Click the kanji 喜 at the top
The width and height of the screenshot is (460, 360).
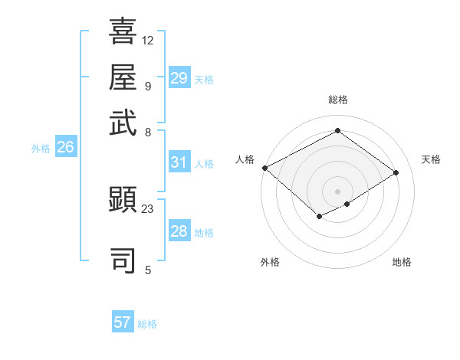point(123,31)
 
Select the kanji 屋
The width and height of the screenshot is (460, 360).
point(123,77)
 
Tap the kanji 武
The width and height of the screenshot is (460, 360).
point(123,122)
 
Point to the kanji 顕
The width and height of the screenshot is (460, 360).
point(123,201)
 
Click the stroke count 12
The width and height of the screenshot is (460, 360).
point(148,40)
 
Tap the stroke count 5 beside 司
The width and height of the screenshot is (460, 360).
point(148,270)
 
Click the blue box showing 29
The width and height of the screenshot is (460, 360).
point(179,78)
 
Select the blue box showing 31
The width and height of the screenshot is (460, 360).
point(179,162)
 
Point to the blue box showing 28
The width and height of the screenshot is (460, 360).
point(179,231)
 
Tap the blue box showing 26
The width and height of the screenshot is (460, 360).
point(65,148)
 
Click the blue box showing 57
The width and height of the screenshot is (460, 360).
point(123,322)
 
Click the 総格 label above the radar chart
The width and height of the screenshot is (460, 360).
point(337,100)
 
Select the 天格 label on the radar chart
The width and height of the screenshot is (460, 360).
point(431,159)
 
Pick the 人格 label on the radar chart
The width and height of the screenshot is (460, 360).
point(245,159)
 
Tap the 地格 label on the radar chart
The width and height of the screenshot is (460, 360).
point(402,262)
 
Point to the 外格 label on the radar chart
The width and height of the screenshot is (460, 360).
point(270,262)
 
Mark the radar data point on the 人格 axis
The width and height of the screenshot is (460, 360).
point(264,167)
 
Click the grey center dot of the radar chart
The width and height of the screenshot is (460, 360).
point(337,191)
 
